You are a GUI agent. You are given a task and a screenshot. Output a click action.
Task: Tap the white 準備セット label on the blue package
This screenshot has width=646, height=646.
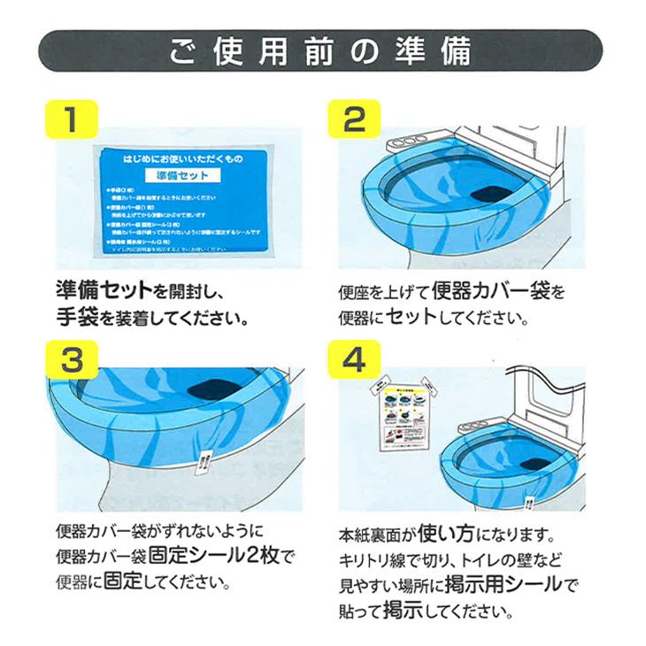(x=181, y=175)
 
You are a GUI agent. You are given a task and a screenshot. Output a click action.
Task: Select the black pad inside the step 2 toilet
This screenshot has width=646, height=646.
(x=489, y=193)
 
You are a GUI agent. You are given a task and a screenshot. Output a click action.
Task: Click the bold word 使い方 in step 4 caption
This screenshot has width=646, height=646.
(x=478, y=536)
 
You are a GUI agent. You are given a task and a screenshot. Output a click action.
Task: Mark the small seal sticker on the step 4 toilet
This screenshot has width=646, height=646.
(x=527, y=503)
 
